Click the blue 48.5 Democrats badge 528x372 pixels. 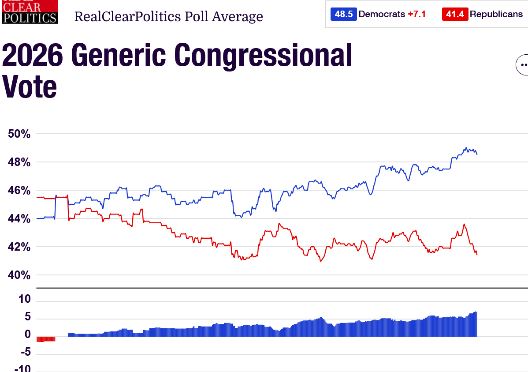pyautogui.click(x=343, y=14)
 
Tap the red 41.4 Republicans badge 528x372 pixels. pyautogui.click(x=455, y=14)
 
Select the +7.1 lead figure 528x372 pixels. pyautogui.click(x=417, y=14)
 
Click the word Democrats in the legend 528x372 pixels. pyautogui.click(x=382, y=14)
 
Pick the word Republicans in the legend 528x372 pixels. pyautogui.click(x=496, y=14)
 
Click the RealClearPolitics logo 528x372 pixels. pyautogui.click(x=30, y=12)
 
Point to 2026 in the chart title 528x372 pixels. pyautogui.click(x=32, y=55)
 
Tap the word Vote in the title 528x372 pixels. pyautogui.click(x=29, y=86)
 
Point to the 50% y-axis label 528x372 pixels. pyautogui.click(x=19, y=134)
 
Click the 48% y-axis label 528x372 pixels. pyautogui.click(x=19, y=162)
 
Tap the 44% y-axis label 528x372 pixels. pyautogui.click(x=19, y=219)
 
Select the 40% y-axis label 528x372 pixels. pyautogui.click(x=19, y=275)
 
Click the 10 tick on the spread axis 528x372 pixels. pyautogui.click(x=25, y=299)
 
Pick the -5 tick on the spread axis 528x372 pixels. pyautogui.click(x=26, y=352)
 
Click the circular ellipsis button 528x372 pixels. pyautogui.click(x=522, y=65)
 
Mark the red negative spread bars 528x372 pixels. pyautogui.click(x=46, y=339)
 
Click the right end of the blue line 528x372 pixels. pyautogui.click(x=477, y=154)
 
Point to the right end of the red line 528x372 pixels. pyautogui.click(x=477, y=255)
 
